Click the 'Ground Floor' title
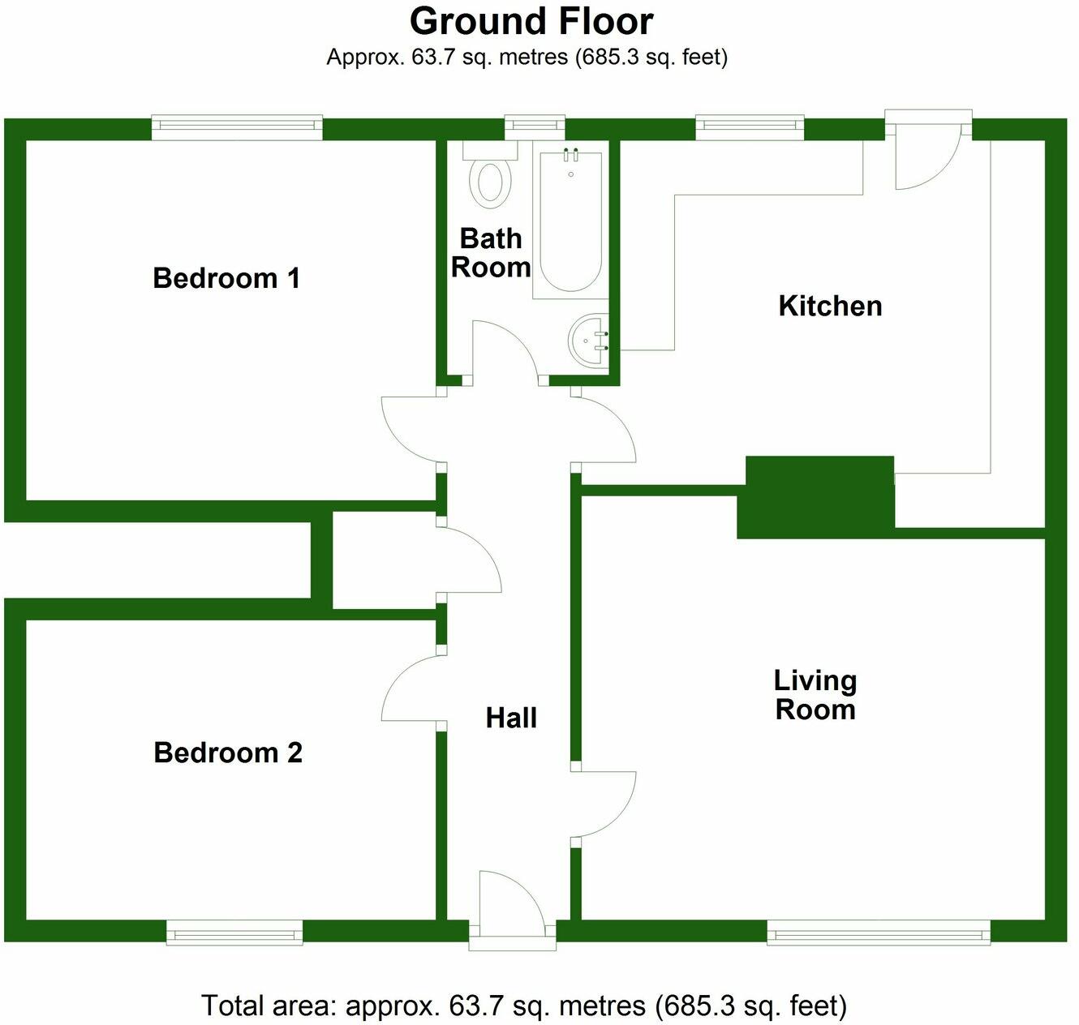coord(531,22)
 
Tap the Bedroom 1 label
coord(226,278)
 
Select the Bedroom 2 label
coord(228,753)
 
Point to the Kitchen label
coord(830,306)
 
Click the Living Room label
coord(815,695)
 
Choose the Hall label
coord(511,718)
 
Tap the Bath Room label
coord(490,253)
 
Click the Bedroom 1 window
coord(237,127)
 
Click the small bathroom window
coord(535,125)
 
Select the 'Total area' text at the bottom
coord(524,1006)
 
